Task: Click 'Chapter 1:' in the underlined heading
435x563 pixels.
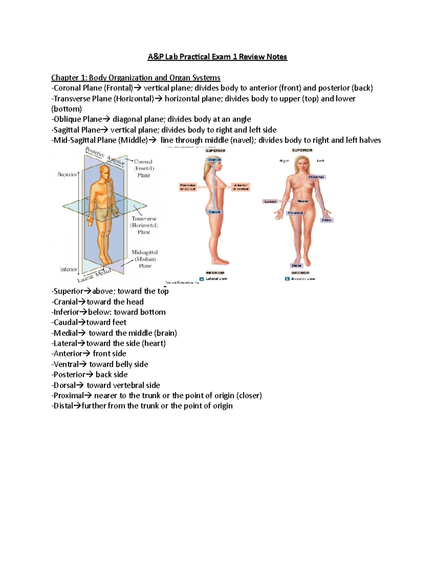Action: (69, 78)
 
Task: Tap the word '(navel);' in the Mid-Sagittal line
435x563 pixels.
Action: (243, 140)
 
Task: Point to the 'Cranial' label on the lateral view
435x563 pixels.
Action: (215, 160)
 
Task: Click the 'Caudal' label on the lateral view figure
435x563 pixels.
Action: (215, 212)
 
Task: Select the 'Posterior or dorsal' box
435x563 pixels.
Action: (188, 187)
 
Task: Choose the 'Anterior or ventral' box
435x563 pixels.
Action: (241, 187)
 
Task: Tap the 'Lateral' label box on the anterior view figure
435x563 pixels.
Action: (270, 201)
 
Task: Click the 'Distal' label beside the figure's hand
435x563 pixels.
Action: (327, 220)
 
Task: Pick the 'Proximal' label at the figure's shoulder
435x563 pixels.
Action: (316, 177)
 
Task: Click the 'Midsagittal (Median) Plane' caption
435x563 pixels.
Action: (145, 259)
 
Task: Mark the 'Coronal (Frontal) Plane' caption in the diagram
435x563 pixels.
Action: (144, 169)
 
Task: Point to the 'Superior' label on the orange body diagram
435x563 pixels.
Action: (67, 174)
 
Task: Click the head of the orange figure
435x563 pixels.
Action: (104, 171)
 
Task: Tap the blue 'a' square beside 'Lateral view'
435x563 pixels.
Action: (202, 279)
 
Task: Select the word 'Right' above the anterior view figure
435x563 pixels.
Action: (284, 161)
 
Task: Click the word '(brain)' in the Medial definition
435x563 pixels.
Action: (165, 333)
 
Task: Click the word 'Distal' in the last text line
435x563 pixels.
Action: (62, 406)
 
